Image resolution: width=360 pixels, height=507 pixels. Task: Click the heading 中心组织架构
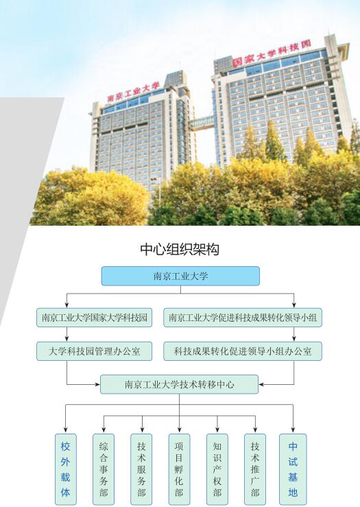pyautogui.click(x=180, y=249)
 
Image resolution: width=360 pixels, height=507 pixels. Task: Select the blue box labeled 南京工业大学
pyautogui.click(x=180, y=276)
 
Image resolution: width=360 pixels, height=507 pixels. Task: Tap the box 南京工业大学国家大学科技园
pyautogui.click(x=94, y=318)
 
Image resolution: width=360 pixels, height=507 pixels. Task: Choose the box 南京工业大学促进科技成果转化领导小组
pyautogui.click(x=243, y=318)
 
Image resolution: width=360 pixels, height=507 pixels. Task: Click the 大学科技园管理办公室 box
pyautogui.click(x=94, y=351)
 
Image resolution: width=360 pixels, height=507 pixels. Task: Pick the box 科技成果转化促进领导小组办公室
pyautogui.click(x=243, y=351)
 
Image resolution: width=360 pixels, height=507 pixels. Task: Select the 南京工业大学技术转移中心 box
pyautogui.click(x=180, y=384)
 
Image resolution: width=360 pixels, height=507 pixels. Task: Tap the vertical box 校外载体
pyautogui.click(x=66, y=469)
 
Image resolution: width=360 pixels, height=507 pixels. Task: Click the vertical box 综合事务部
pyautogui.click(x=104, y=469)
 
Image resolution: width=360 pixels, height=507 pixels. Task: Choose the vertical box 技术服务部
pyautogui.click(x=141, y=469)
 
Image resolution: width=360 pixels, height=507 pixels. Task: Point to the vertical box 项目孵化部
pyautogui.click(x=180, y=469)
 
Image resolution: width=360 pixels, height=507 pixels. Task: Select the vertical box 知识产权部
pyautogui.click(x=217, y=469)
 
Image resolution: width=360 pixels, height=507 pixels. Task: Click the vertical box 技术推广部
pyautogui.click(x=255, y=469)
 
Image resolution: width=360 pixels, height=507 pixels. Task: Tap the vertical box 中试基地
pyautogui.click(x=293, y=469)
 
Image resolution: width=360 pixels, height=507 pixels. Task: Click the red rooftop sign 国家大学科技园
pyautogui.click(x=272, y=54)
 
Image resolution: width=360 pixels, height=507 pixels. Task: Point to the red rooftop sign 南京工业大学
pyautogui.click(x=134, y=92)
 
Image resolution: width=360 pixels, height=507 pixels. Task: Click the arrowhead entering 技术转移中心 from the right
pyautogui.click(x=261, y=384)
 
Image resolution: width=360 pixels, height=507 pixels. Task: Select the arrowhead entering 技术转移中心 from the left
pyautogui.click(x=97, y=384)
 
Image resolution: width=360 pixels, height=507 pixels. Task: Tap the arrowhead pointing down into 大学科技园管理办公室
pyautogui.click(x=67, y=338)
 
